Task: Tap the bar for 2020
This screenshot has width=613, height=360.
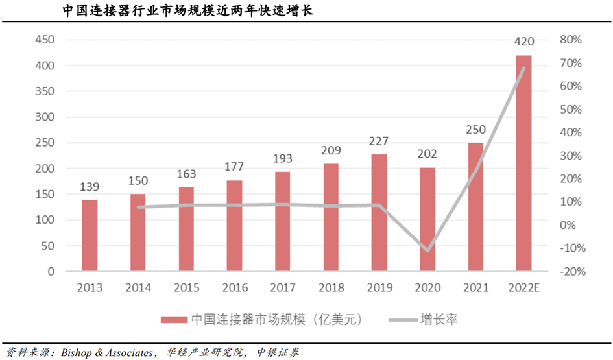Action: coord(427,219)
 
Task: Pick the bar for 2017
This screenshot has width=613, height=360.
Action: coord(282,221)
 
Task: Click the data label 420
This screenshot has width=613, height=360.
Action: coord(523,42)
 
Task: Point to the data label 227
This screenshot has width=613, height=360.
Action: coord(379,141)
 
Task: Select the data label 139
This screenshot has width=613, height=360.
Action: coord(90,186)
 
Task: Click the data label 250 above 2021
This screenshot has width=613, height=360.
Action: coord(475,130)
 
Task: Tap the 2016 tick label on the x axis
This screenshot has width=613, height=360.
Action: coord(234,288)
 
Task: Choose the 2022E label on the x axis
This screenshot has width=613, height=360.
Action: coord(523,288)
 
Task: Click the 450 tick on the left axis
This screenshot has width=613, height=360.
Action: coord(45,40)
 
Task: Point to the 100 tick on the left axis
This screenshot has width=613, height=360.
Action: coord(45,221)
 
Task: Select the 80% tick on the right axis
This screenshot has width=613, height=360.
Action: coord(571,40)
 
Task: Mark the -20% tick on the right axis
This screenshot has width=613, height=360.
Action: coord(571,272)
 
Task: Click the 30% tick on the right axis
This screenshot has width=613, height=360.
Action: coord(571,156)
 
